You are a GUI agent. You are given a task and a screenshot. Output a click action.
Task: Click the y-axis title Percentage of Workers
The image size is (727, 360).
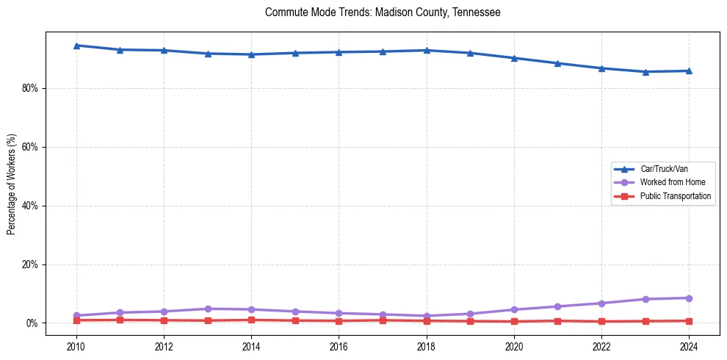(x=12, y=184)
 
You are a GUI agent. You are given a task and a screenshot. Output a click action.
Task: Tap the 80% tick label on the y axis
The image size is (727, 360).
(x=30, y=88)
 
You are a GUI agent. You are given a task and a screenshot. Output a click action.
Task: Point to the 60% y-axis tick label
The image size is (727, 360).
(x=30, y=147)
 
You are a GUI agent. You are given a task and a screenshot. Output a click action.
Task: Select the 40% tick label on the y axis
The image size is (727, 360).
(x=30, y=206)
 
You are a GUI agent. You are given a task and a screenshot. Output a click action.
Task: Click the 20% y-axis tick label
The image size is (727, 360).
(x=30, y=264)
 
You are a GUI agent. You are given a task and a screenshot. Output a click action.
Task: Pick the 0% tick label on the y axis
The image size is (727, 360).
(x=32, y=323)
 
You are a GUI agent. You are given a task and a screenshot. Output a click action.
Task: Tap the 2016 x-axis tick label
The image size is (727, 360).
(x=339, y=346)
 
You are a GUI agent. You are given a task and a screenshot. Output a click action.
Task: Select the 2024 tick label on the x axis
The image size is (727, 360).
(x=689, y=346)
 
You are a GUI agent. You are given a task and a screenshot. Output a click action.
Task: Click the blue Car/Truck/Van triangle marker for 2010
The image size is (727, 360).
(x=76, y=46)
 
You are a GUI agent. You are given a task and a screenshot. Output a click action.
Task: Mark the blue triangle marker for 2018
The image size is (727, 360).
(x=426, y=50)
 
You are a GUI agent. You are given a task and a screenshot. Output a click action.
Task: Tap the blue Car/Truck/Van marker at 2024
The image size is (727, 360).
(x=689, y=71)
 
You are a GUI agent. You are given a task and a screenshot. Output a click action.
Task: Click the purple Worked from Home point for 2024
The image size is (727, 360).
(x=689, y=298)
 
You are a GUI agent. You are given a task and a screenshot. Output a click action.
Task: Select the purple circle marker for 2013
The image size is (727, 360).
(x=207, y=309)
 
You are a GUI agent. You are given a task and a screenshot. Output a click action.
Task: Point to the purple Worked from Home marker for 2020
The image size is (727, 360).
(x=514, y=309)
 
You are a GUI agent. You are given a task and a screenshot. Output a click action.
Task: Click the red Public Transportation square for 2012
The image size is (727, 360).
(x=163, y=320)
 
